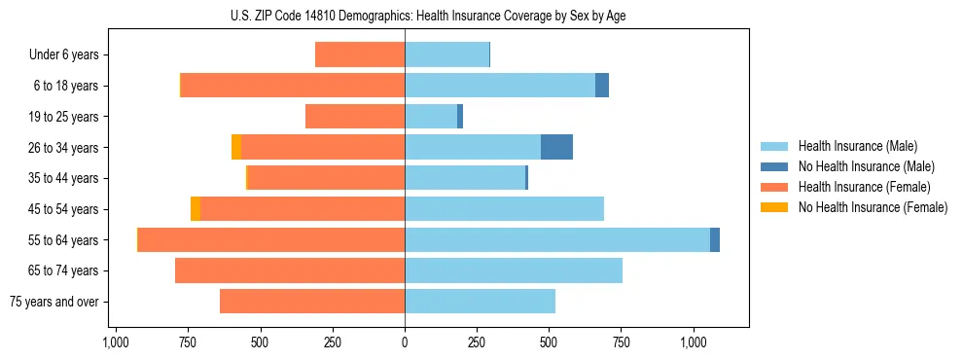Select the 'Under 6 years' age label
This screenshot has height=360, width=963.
click(x=63, y=54)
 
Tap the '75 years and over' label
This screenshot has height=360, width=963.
click(x=53, y=302)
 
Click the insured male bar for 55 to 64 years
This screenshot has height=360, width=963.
click(x=556, y=239)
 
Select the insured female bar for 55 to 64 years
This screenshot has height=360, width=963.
click(x=270, y=239)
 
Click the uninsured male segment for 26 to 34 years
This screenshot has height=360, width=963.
click(x=556, y=147)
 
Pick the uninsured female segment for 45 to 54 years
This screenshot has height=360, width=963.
click(x=196, y=209)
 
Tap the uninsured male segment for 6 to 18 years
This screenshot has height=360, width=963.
click(x=602, y=86)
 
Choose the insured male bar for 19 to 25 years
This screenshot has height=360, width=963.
click(x=431, y=117)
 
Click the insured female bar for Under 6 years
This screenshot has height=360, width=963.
click(x=360, y=54)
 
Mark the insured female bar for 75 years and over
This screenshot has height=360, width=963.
click(x=312, y=302)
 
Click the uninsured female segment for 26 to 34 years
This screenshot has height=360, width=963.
click(x=236, y=147)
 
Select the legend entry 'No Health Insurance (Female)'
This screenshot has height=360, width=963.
click(x=872, y=207)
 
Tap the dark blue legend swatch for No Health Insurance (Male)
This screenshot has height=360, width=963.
click(x=775, y=166)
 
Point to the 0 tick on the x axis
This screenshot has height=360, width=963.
click(x=405, y=342)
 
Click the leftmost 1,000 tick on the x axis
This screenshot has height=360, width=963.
click(x=116, y=342)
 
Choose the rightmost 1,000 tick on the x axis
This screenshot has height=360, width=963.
click(x=694, y=342)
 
